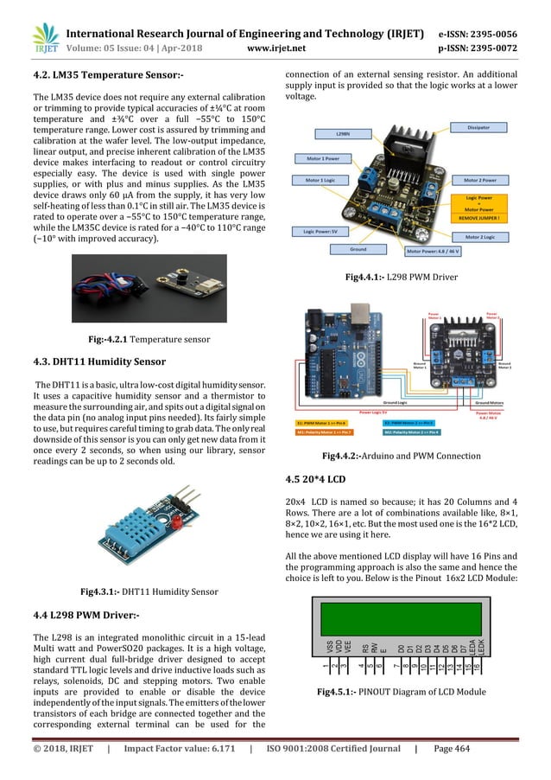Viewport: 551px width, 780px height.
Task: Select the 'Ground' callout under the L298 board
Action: point(358,249)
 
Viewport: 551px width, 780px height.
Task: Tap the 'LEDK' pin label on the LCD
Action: point(480,645)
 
